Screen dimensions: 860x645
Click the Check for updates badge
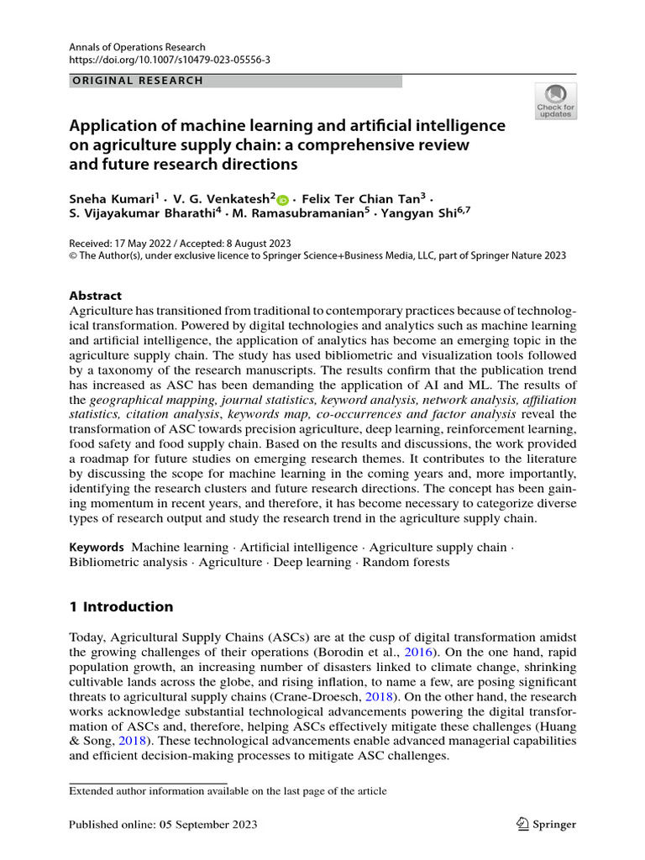click(x=555, y=101)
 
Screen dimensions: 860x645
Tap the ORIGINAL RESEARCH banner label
click(x=137, y=81)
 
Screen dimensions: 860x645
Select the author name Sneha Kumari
click(x=112, y=200)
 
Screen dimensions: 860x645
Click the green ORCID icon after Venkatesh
click(x=282, y=201)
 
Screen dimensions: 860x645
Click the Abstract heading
click(x=95, y=296)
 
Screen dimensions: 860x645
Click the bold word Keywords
click(x=97, y=547)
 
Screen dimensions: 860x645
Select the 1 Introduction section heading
click(x=121, y=606)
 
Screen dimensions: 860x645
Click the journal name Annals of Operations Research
click(x=137, y=47)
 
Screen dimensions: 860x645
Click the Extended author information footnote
click(x=228, y=791)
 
